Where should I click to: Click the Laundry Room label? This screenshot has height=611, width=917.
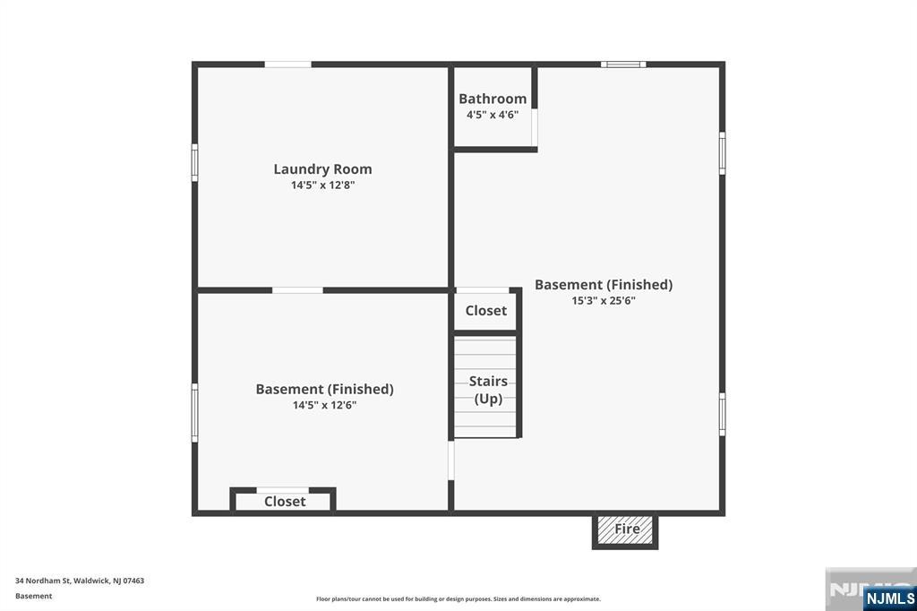click(x=322, y=169)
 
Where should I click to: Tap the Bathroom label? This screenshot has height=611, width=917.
click(x=493, y=99)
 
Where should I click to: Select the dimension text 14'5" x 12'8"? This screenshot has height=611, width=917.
click(x=322, y=185)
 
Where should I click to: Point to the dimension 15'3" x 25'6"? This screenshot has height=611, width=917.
click(x=604, y=301)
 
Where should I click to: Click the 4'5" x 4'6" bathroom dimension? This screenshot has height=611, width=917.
click(x=493, y=115)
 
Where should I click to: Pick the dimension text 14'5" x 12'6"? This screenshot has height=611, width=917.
click(x=324, y=405)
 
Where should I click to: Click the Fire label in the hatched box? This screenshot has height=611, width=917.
click(x=627, y=529)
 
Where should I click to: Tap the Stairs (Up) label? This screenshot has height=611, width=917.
click(x=488, y=390)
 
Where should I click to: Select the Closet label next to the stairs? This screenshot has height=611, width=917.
click(x=486, y=311)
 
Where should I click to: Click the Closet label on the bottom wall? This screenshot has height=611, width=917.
click(x=285, y=502)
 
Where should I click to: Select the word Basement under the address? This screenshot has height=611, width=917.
click(x=34, y=596)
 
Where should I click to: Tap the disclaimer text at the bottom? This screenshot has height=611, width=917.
click(x=458, y=598)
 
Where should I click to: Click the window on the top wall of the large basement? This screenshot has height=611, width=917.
click(x=622, y=65)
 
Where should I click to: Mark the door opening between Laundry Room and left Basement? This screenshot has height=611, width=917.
click(x=297, y=290)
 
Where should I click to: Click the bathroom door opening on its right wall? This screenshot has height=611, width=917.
click(x=535, y=127)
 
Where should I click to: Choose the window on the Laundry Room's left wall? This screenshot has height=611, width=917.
click(x=194, y=163)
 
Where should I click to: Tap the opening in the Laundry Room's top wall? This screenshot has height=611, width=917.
click(x=287, y=65)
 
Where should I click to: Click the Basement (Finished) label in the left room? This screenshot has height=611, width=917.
click(x=324, y=389)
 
